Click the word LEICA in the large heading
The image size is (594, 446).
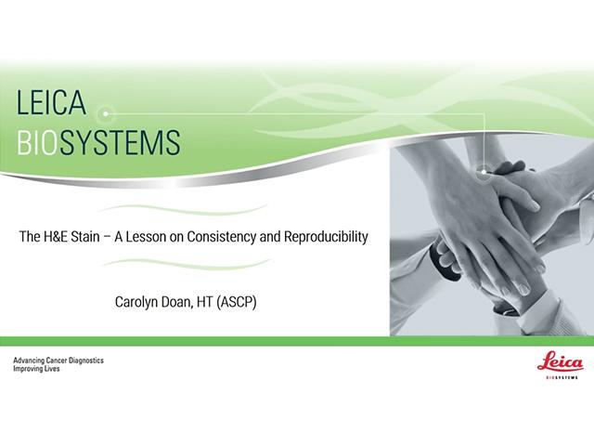click(x=51, y=102)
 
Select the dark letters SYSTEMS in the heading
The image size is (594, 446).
click(x=120, y=142)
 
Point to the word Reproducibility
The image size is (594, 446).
click(x=326, y=237)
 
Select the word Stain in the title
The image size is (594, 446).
click(x=85, y=237)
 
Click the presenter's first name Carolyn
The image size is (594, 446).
click(x=136, y=302)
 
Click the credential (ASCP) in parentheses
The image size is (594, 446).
click(x=237, y=302)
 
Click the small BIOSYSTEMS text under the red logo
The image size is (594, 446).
click(x=562, y=377)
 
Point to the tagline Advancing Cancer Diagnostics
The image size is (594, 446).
click(x=58, y=361)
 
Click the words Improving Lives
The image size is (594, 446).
click(x=36, y=369)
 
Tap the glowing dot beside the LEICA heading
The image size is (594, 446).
click(x=106, y=113)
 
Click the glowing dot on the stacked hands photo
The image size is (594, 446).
click(x=484, y=172)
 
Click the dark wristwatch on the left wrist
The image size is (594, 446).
click(x=447, y=262)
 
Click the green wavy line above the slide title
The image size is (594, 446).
click(x=183, y=210)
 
